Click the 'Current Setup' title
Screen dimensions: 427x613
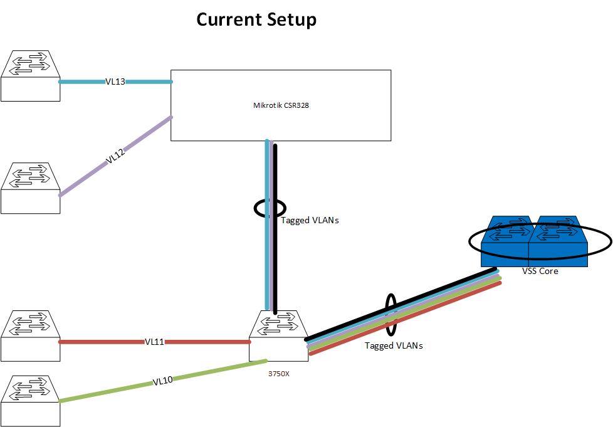click(x=256, y=19)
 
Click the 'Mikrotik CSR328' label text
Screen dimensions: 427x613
click(x=276, y=105)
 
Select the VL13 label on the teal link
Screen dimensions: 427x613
click(x=115, y=82)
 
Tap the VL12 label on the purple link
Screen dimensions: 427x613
click(x=115, y=157)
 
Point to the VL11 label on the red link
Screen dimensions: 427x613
click(x=154, y=342)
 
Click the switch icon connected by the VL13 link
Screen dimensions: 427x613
click(x=30, y=76)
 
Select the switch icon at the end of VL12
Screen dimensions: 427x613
click(x=30, y=187)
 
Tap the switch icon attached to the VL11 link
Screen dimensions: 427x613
click(x=30, y=336)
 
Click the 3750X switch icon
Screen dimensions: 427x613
click(x=278, y=336)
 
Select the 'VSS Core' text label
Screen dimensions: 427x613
click(x=540, y=271)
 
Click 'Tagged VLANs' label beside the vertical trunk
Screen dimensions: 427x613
click(x=310, y=220)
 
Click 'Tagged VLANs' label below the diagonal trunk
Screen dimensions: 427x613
click(x=394, y=345)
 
